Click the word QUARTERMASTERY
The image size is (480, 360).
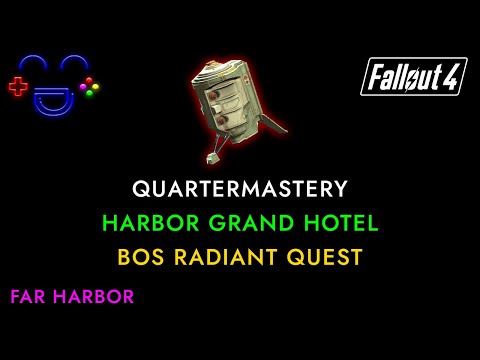[239, 188]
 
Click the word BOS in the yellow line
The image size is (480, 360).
[142, 256]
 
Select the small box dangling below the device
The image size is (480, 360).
[213, 157]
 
